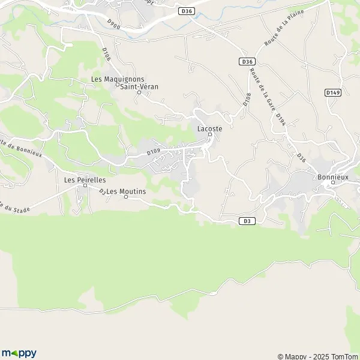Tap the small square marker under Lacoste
pos(209,134)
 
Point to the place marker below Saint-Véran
pos(139,92)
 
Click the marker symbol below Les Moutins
pos(125,197)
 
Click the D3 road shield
pos(246,221)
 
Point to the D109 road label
pos(154,152)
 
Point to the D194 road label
pos(280,121)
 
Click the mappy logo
pos(19,353)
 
